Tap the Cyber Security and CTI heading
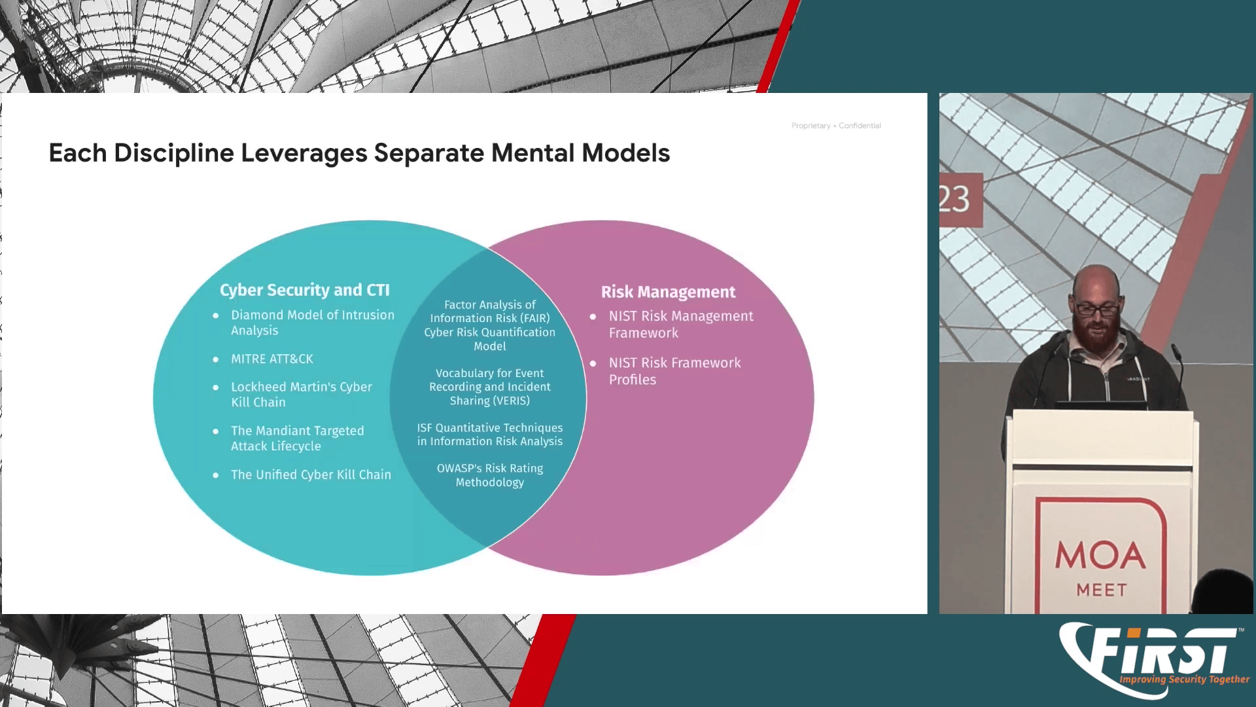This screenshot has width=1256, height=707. click(x=304, y=290)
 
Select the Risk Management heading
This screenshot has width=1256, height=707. click(x=668, y=292)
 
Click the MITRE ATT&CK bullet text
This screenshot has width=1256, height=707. click(x=272, y=359)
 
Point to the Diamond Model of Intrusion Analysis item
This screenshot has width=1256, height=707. click(x=312, y=323)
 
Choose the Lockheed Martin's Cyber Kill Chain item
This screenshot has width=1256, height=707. click(x=301, y=394)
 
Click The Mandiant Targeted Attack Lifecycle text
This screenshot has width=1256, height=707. click(x=297, y=438)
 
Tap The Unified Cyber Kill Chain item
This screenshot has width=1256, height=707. click(x=311, y=475)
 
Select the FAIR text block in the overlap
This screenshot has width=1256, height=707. click(x=489, y=325)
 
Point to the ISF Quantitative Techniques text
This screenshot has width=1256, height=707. click(x=489, y=434)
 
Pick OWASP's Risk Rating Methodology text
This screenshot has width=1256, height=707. click(x=489, y=475)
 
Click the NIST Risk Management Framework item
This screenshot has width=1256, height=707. click(x=680, y=324)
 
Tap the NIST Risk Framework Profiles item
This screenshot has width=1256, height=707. click(x=674, y=371)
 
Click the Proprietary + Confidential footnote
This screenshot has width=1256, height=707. click(x=835, y=126)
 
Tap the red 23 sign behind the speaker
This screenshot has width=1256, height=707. click(x=956, y=199)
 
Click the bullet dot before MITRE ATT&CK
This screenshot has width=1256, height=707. click(x=216, y=359)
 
